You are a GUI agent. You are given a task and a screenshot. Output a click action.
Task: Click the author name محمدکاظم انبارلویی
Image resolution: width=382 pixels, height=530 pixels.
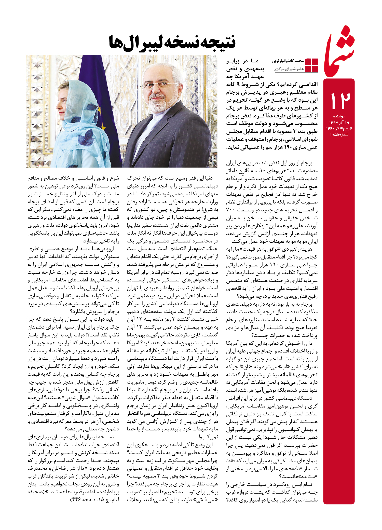pyautogui.click(x=288, y=61)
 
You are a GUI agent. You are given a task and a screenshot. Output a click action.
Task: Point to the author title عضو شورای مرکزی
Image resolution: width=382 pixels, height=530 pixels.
pyautogui.click(x=289, y=69)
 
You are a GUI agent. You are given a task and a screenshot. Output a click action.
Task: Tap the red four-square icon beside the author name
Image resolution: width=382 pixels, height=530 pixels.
pyautogui.click(x=311, y=65)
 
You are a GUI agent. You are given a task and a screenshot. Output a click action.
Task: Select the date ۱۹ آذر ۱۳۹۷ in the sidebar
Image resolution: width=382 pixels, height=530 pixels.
pyautogui.click(x=339, y=123)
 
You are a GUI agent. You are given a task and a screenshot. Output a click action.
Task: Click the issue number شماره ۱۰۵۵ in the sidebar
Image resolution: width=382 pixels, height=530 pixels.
pyautogui.click(x=339, y=134)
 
